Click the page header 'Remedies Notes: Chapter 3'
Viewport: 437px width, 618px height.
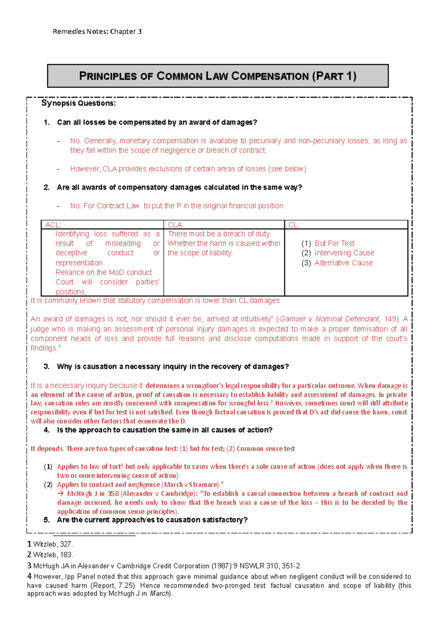[x=97, y=32]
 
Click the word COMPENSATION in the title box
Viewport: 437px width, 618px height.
[x=270, y=76]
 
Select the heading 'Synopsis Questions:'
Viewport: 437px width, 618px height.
[x=78, y=103]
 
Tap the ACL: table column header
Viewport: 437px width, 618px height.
[x=53, y=225]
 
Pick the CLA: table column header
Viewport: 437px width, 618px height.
[x=176, y=225]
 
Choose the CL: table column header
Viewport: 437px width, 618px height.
[x=294, y=225]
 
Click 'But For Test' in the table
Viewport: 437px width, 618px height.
[x=334, y=243]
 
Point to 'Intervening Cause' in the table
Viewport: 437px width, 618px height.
[x=344, y=253]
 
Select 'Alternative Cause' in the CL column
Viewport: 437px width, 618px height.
[x=343, y=263]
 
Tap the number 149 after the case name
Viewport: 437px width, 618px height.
[x=390, y=319]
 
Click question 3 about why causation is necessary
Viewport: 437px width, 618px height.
[x=173, y=367]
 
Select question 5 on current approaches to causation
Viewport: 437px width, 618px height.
[x=152, y=520]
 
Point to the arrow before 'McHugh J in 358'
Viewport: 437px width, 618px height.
[x=60, y=494]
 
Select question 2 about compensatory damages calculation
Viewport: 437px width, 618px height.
[x=179, y=187]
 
